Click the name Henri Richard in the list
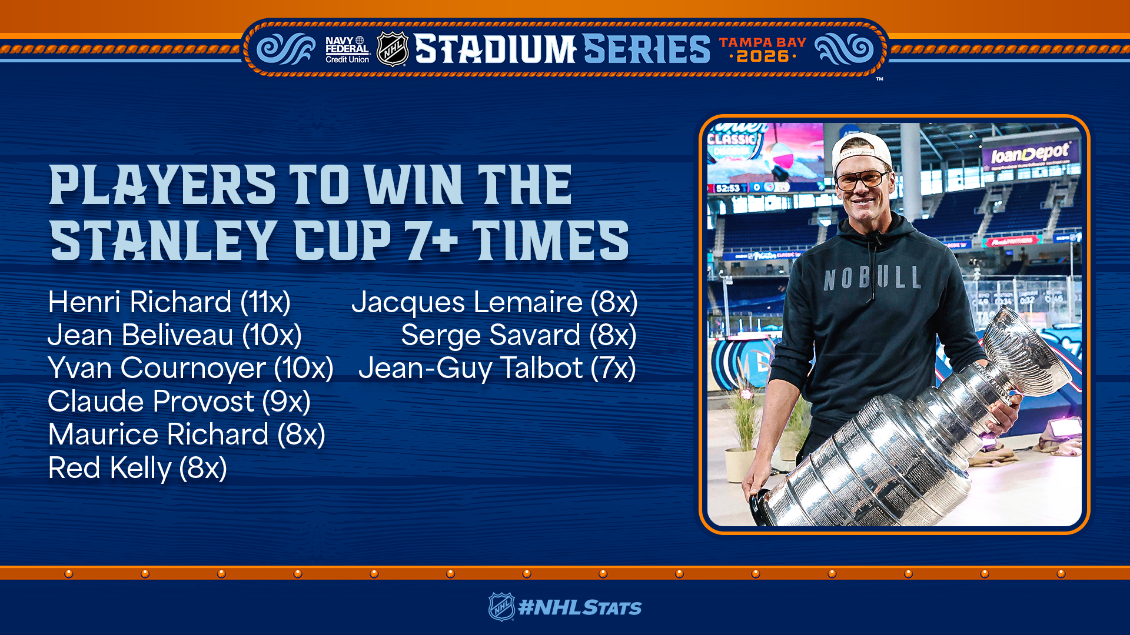[140, 302]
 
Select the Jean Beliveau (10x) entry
[175, 335]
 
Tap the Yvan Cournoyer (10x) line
[191, 369]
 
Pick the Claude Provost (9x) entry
[179, 402]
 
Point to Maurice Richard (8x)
[187, 435]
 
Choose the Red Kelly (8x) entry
[138, 468]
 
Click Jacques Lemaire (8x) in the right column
[494, 302]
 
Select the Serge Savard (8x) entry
[519, 335]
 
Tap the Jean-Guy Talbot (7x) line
[497, 369]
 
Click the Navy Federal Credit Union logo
[347, 49]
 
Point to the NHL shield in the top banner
[393, 49]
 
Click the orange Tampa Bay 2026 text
[763, 49]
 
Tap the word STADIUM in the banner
[495, 49]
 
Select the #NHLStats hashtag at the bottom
[580, 607]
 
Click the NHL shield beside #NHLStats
[501, 607]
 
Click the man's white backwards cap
[860, 150]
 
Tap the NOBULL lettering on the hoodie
[873, 278]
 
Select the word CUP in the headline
[343, 240]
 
